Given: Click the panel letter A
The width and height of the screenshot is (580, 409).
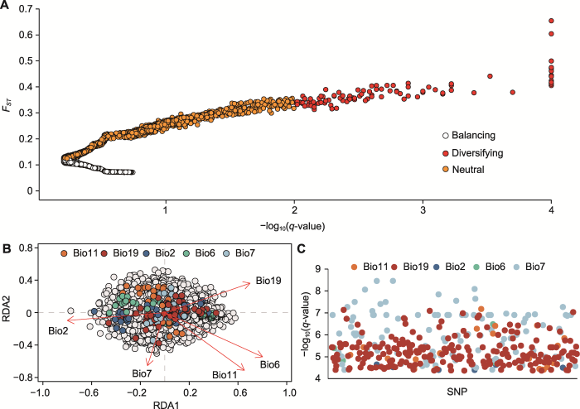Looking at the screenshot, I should [7, 7].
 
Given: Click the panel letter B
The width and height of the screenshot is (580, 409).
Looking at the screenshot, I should [7, 247].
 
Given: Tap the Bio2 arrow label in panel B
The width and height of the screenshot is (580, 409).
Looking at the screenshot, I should [58, 330].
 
